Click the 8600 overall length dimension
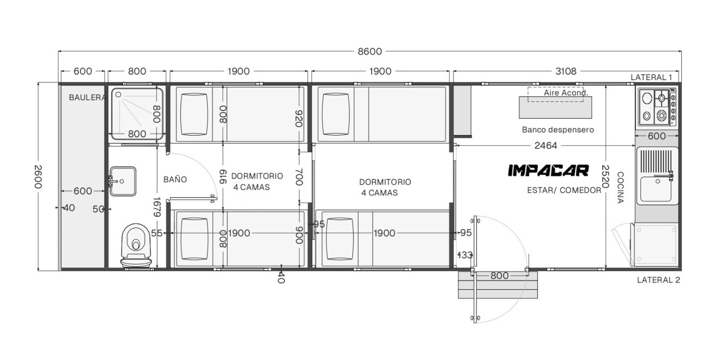point(369,51)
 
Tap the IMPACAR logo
point(548,170)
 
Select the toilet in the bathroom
point(136,245)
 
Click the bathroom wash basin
point(123,181)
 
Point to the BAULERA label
point(87,97)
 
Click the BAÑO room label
point(175,179)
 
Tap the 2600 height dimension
point(38,176)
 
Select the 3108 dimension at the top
point(566,71)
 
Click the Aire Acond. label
point(566,93)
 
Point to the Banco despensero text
point(558,130)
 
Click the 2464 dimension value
point(546,146)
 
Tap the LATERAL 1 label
point(651,77)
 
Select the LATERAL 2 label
point(658,280)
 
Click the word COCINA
point(620,187)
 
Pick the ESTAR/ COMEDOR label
point(564,191)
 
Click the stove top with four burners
point(657,107)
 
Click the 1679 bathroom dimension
point(157,207)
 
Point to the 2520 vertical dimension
point(605,176)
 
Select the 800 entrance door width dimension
point(500,276)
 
